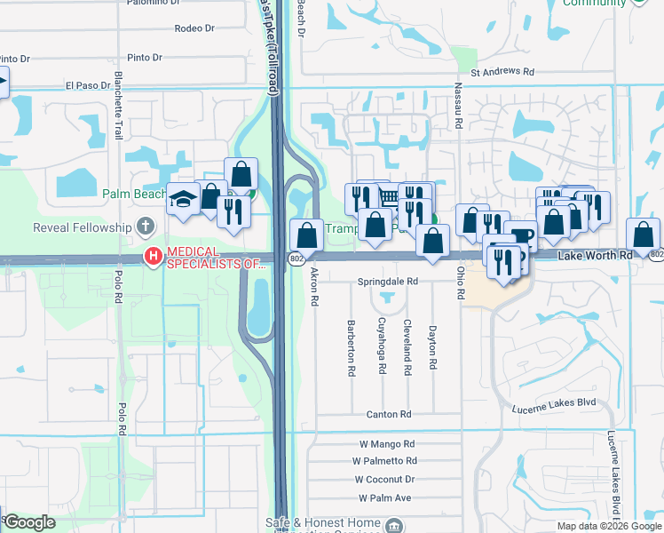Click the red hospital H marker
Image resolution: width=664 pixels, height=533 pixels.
pyautogui.click(x=154, y=257)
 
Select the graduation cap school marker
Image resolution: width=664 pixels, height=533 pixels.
pyautogui.click(x=182, y=202)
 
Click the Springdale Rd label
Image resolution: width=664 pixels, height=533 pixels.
pyautogui.click(x=387, y=281)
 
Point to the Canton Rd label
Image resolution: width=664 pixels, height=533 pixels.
pyautogui.click(x=389, y=414)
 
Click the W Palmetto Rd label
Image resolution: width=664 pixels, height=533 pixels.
pyautogui.click(x=384, y=460)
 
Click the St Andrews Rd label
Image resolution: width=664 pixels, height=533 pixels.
pyautogui.click(x=503, y=72)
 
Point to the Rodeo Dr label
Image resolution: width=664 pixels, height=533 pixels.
pyautogui.click(x=194, y=28)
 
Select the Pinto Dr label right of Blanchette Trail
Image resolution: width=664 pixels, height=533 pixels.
pyautogui.click(x=145, y=58)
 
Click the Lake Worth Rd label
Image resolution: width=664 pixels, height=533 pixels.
pyautogui.click(x=596, y=255)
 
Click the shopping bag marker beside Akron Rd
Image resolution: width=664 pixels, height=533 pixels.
pyautogui.click(x=306, y=235)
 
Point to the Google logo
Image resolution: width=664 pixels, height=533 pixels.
pyautogui.click(x=28, y=522)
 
